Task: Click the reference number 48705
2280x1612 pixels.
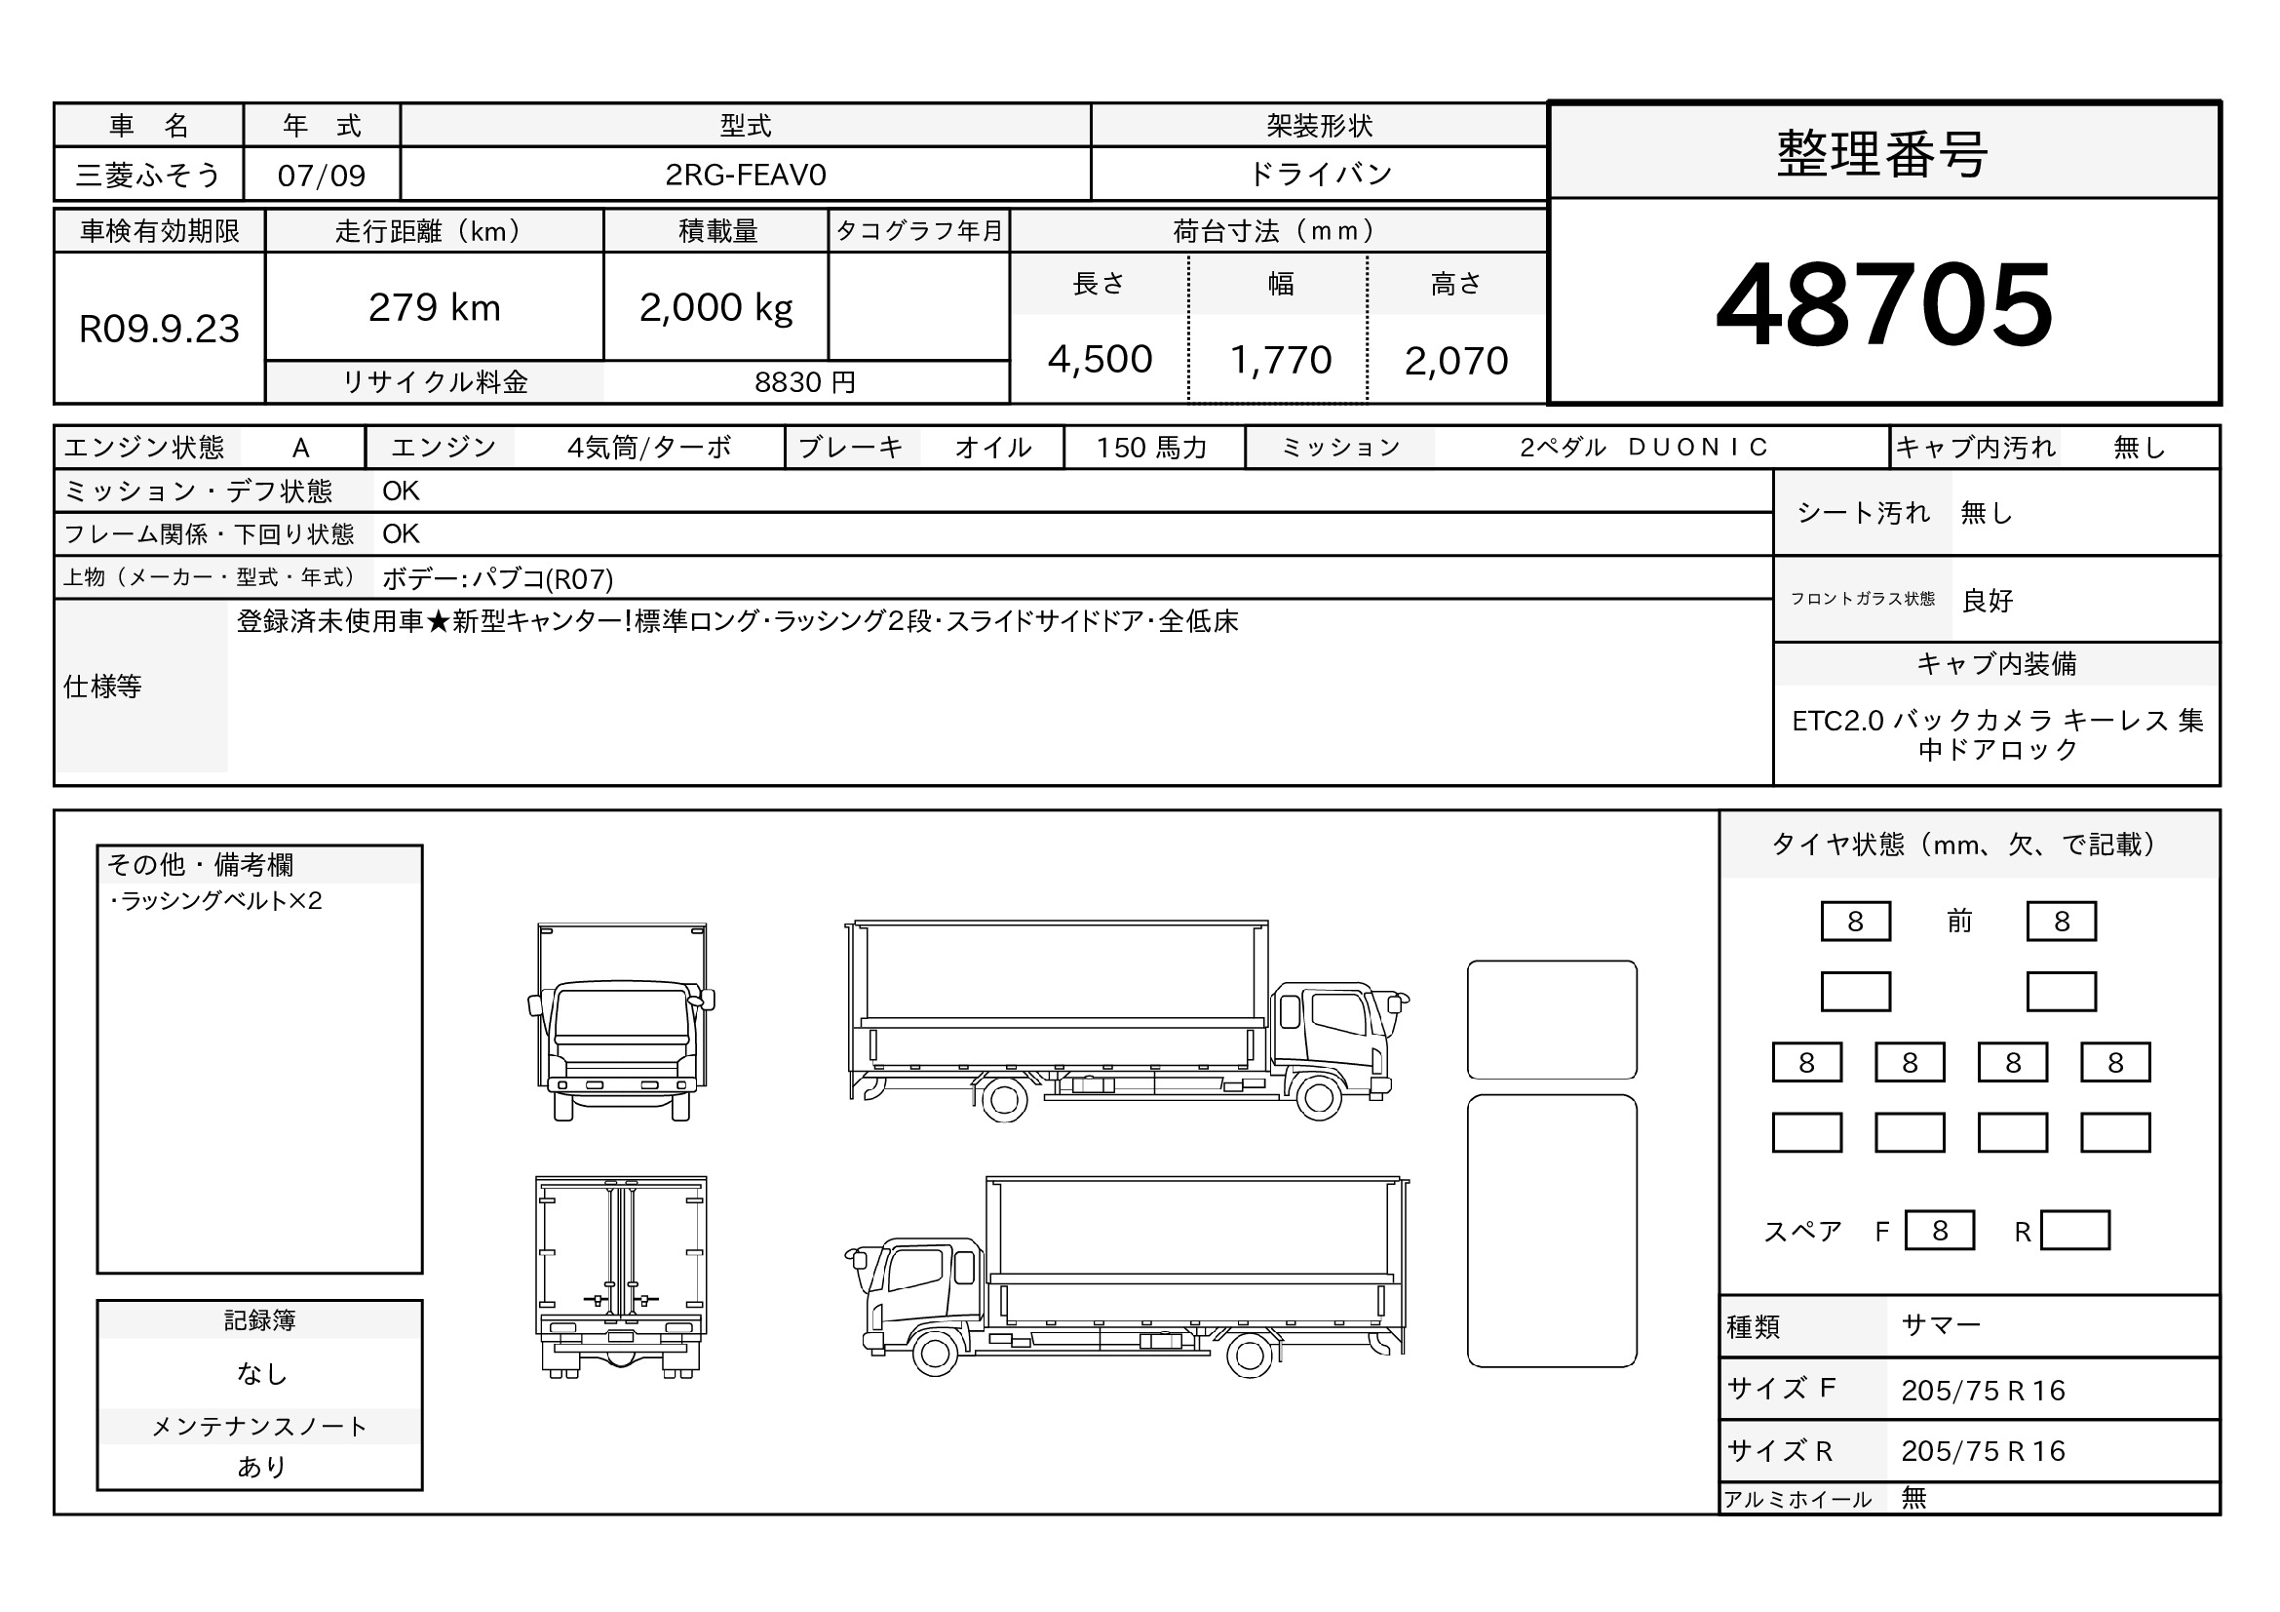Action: pyautogui.click(x=1884, y=304)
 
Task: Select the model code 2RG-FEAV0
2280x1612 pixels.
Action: pyautogui.click(x=745, y=175)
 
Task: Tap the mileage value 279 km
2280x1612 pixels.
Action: pyautogui.click(x=434, y=308)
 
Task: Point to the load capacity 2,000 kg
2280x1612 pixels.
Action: pyautogui.click(x=716, y=308)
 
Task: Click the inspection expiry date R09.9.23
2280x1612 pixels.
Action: pyautogui.click(x=159, y=329)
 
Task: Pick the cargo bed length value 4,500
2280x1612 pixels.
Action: pyautogui.click(x=1100, y=360)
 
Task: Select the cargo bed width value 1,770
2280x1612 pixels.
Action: pyautogui.click(x=1280, y=360)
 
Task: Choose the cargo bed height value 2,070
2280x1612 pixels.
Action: pyautogui.click(x=1455, y=361)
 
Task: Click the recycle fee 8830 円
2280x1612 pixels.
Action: pyautogui.click(x=804, y=382)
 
